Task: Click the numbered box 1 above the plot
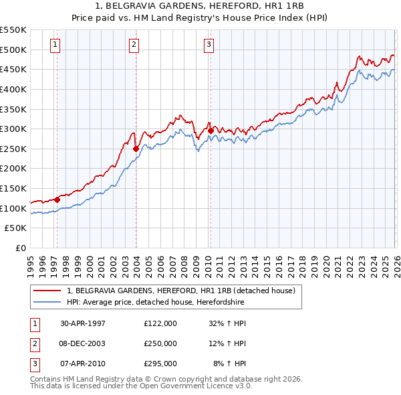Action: tap(55, 45)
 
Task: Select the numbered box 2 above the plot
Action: tap(134, 45)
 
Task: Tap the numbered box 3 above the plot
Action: tap(209, 45)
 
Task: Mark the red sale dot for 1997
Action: tap(57, 199)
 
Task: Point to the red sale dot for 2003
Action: tap(136, 149)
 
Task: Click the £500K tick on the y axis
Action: tap(13, 50)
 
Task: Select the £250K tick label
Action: tap(13, 149)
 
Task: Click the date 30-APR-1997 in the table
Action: tap(83, 323)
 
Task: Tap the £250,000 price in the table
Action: tap(160, 343)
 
